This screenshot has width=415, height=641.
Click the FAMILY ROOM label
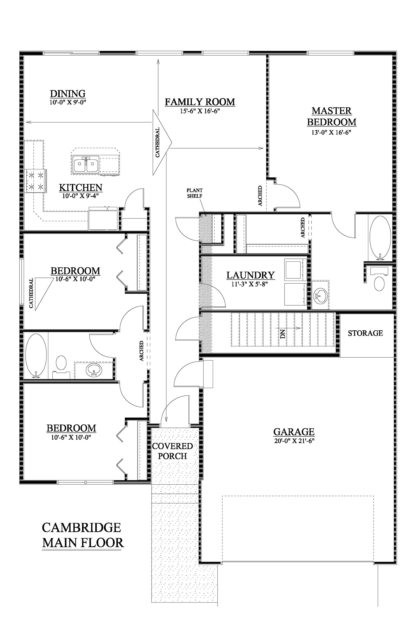200,102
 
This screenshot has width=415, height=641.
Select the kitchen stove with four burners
36,181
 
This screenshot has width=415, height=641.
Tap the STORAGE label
365,333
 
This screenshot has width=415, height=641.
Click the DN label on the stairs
283,334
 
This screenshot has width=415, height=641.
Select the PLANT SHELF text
195,193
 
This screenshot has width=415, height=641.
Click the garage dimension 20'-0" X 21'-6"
294,441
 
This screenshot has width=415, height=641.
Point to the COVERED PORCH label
172,451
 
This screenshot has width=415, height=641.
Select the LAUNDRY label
250,275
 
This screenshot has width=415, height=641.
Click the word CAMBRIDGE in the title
82,527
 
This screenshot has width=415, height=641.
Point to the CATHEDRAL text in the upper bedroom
31,293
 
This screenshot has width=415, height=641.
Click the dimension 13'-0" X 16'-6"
331,132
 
